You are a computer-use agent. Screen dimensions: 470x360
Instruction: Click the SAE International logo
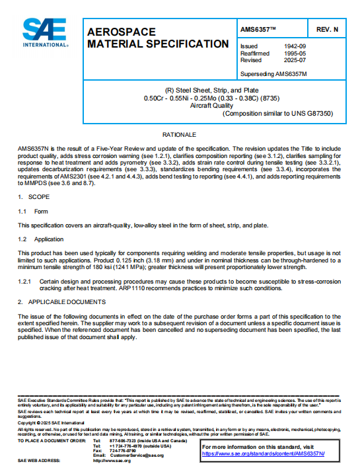point(46,32)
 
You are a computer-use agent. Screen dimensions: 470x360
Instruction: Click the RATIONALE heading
point(180,135)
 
